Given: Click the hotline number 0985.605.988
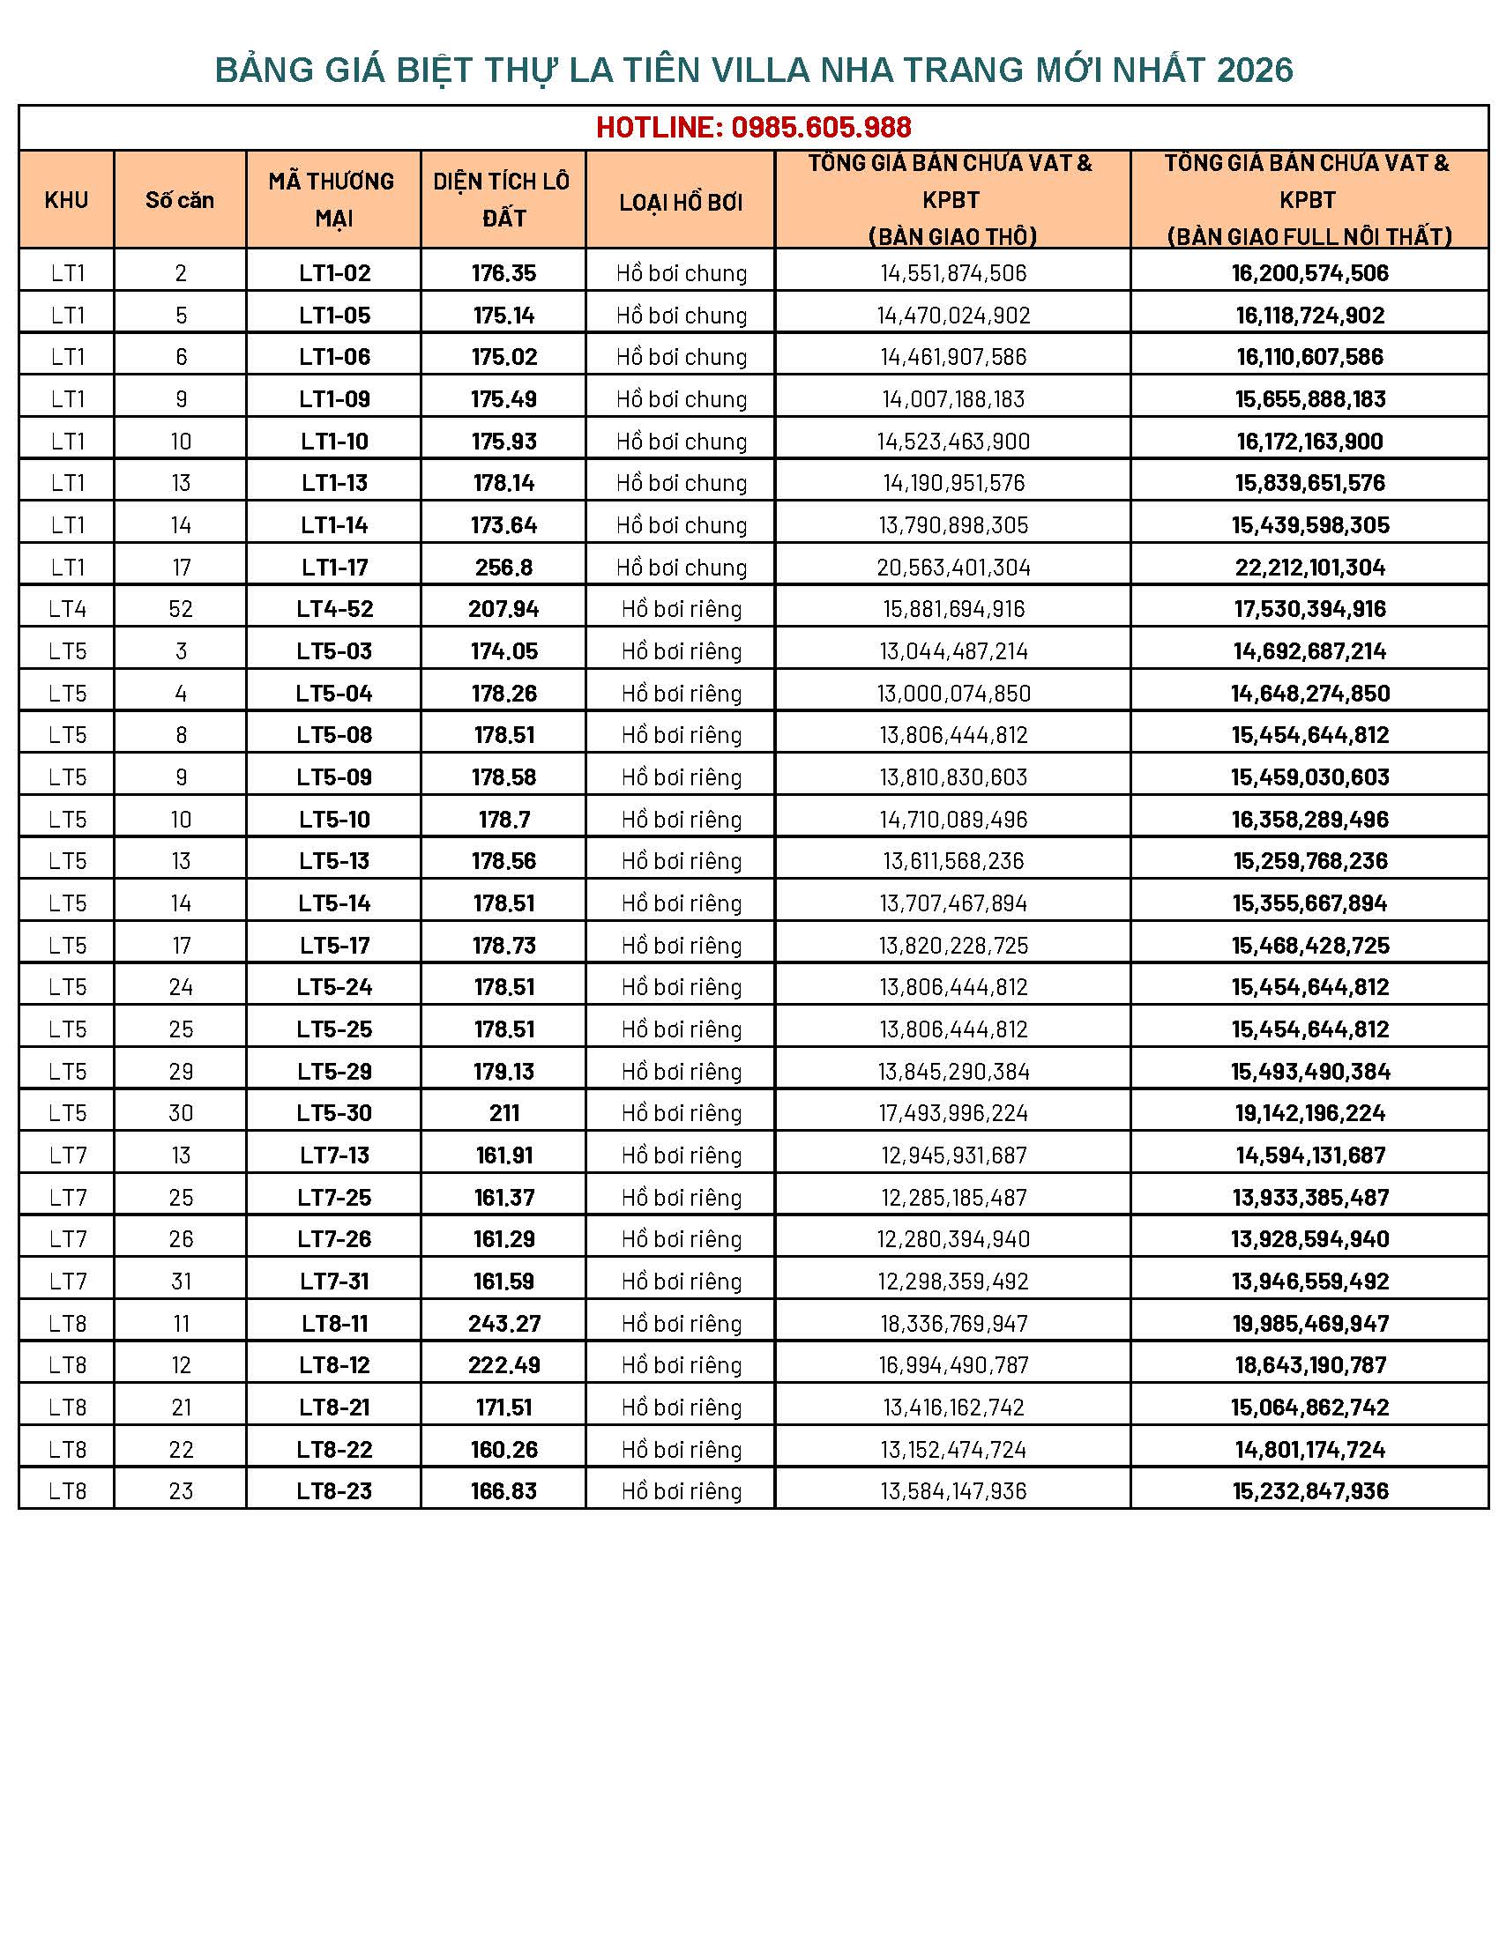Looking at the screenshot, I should click(821, 128).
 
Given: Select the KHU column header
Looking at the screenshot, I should click(67, 200).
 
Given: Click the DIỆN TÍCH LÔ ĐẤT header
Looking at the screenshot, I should click(503, 200).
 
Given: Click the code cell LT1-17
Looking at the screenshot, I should click(334, 568).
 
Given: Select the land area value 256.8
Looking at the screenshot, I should click(503, 568).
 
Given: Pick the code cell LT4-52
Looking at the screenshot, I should click(334, 609).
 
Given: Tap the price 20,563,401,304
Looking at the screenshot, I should click(953, 568).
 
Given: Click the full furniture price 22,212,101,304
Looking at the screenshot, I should click(1309, 568).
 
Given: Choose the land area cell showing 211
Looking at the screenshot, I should click(503, 1113).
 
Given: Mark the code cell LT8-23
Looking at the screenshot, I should click(334, 1491).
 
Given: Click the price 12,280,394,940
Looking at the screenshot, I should click(953, 1239).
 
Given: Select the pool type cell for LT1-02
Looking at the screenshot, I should click(681, 273).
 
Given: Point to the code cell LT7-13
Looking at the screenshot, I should click(334, 1155).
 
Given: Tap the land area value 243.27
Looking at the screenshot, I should click(503, 1324).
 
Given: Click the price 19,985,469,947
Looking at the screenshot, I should click(1309, 1324).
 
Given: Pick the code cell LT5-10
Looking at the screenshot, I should click(334, 820).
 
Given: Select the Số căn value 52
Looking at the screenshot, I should click(180, 609).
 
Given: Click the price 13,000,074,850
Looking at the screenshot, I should click(953, 694).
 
